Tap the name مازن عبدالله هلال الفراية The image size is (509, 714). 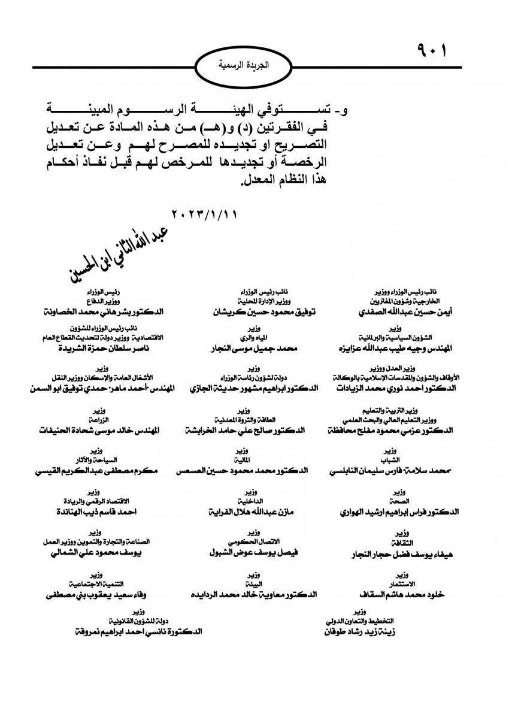[x=255, y=513]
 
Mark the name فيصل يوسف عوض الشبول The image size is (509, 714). [x=255, y=553]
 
